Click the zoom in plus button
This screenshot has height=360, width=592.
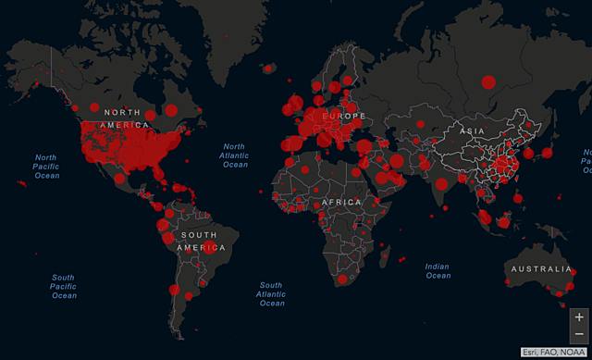pyautogui.click(x=579, y=317)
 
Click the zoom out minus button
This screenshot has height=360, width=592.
pyautogui.click(x=579, y=333)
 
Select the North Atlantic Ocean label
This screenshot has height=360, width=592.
pyautogui.click(x=234, y=155)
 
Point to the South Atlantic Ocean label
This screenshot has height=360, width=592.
pyautogui.click(x=271, y=293)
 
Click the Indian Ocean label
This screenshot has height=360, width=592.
pyautogui.click(x=438, y=270)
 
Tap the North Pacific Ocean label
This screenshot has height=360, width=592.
pyautogui.click(x=46, y=166)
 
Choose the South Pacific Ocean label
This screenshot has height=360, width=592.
pyautogui.click(x=63, y=286)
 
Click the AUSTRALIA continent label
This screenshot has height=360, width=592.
pyautogui.click(x=538, y=269)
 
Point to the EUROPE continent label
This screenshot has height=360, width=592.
pyautogui.click(x=343, y=116)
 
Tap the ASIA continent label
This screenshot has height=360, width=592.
pyautogui.click(x=473, y=131)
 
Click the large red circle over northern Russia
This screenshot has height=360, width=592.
pyautogui.click(x=487, y=82)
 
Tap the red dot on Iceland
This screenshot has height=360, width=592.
pyautogui.click(x=268, y=68)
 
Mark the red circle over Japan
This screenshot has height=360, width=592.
pyautogui.click(x=547, y=152)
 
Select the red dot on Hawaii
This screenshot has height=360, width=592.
pyautogui.click(x=21, y=183)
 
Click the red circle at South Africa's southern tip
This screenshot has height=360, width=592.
pyautogui.click(x=341, y=279)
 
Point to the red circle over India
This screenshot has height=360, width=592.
pyautogui.click(x=442, y=184)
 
